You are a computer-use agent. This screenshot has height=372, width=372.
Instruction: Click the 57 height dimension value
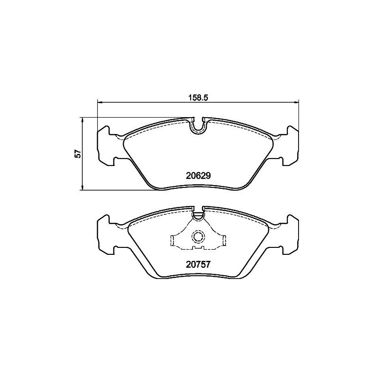tap(78, 153)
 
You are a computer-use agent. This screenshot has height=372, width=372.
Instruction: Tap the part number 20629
tap(199, 176)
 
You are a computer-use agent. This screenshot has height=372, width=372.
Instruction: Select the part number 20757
tap(199, 264)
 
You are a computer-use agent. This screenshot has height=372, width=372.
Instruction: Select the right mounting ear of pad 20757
tap(291, 234)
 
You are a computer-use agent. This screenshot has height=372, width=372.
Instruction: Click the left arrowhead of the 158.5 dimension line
tap(99, 102)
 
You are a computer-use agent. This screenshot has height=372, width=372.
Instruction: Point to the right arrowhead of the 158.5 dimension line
tap(297, 102)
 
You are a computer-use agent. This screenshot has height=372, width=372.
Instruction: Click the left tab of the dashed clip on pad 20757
tap(173, 240)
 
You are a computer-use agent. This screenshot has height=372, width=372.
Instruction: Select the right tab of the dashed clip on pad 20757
tap(224, 240)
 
